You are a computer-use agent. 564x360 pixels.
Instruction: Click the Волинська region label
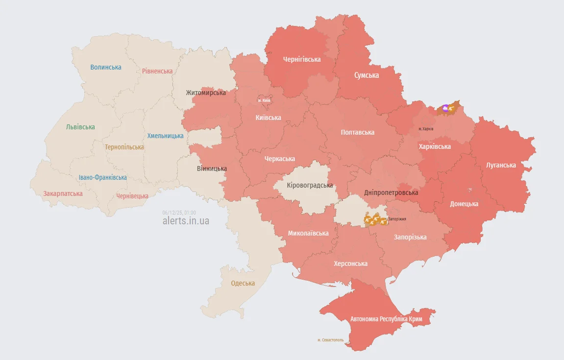106,67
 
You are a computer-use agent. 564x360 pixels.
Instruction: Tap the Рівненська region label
157,71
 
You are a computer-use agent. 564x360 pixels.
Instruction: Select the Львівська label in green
80,127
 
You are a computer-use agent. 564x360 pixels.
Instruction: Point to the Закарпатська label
63,193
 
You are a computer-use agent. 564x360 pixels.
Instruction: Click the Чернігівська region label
302,59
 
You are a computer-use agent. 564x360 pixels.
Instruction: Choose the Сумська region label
367,75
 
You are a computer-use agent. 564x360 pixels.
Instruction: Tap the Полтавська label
358,132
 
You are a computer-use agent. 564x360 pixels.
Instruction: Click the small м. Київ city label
264,100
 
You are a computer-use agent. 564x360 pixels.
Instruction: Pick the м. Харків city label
426,129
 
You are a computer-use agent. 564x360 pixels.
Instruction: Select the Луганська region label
501,165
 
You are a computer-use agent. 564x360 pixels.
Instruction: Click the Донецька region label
464,204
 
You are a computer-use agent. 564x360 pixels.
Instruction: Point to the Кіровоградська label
310,185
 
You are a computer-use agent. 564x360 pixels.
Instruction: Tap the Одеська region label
243,283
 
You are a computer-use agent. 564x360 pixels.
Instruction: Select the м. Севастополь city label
330,340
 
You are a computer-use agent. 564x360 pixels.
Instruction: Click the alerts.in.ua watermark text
186,221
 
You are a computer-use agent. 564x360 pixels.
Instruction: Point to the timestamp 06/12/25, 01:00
179,213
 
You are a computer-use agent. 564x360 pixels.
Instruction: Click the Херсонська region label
350,264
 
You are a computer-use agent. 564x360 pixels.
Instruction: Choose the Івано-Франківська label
103,177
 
